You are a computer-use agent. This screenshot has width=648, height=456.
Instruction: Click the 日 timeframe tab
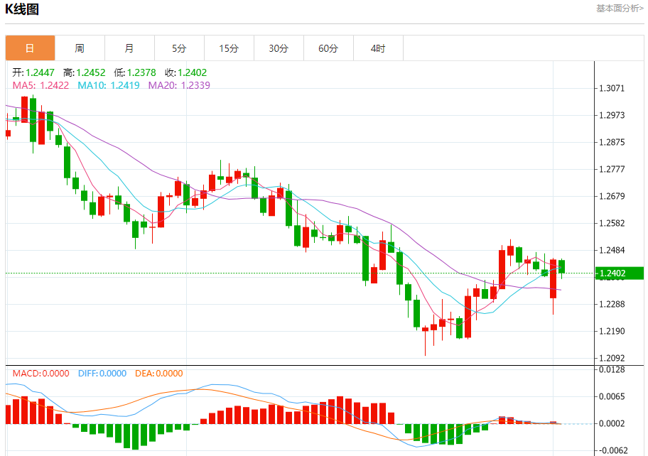(x=30, y=48)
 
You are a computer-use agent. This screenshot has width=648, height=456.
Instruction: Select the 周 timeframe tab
(x=80, y=48)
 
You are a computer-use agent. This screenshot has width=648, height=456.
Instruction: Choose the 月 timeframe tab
(x=129, y=48)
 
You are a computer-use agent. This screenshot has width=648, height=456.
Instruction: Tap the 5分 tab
(x=179, y=48)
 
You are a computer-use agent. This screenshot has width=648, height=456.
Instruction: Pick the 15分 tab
(x=229, y=48)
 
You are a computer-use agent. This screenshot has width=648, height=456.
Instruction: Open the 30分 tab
(x=279, y=48)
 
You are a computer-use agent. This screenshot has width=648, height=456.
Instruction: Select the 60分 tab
(x=328, y=48)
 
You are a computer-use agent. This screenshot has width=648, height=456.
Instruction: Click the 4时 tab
(x=378, y=48)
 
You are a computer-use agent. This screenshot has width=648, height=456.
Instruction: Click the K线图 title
(x=22, y=9)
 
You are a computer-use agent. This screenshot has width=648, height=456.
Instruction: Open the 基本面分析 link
(x=620, y=9)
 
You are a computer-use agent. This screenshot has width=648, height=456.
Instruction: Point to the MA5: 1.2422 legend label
(x=40, y=85)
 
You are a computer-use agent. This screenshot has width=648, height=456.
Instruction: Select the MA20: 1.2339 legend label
(x=179, y=85)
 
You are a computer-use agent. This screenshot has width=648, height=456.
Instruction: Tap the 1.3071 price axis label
(x=612, y=89)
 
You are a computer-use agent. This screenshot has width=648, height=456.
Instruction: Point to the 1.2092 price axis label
(x=612, y=358)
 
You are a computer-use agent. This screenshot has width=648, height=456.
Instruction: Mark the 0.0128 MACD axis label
(x=612, y=370)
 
